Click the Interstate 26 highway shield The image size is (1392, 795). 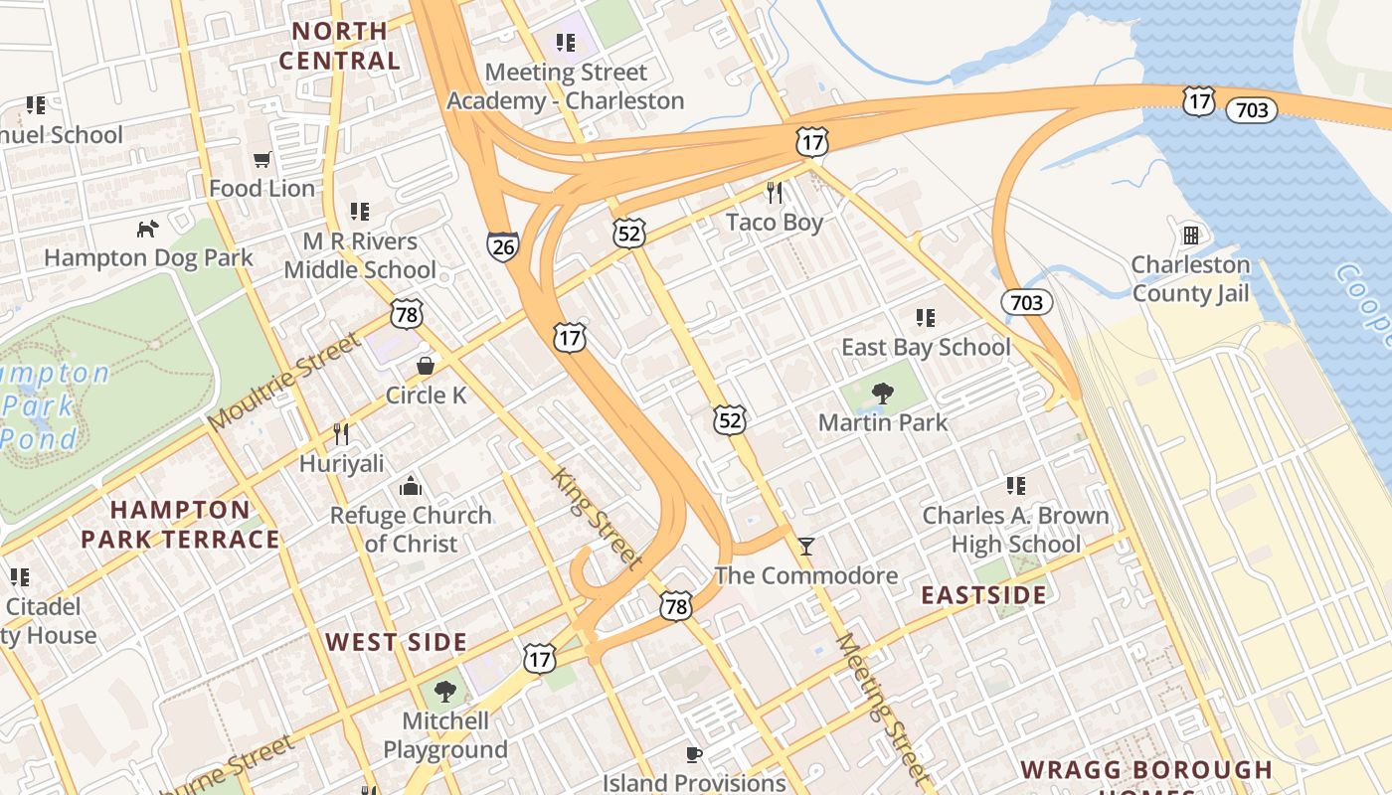(502, 245)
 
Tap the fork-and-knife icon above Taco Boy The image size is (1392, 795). (774, 192)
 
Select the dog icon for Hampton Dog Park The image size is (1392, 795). (147, 229)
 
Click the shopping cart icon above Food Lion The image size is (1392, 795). (262, 159)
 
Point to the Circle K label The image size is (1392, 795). (426, 395)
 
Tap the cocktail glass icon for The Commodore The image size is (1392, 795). (805, 546)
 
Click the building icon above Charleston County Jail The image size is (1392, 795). (1189, 236)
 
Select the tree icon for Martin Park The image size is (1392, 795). (881, 394)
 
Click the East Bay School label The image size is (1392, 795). (926, 347)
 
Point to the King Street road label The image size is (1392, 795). (596, 517)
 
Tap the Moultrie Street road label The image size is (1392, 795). (284, 383)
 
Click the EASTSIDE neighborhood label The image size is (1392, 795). (982, 595)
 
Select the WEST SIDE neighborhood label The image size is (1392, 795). (396, 642)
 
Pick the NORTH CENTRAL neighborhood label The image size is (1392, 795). (339, 46)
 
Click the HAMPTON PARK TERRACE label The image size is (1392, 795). (180, 525)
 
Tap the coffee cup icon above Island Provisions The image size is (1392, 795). (694, 754)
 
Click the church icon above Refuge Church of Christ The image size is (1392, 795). (410, 486)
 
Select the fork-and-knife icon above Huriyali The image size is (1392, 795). (341, 434)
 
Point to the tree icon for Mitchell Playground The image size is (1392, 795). (445, 691)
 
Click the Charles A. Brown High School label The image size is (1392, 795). (1015, 530)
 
